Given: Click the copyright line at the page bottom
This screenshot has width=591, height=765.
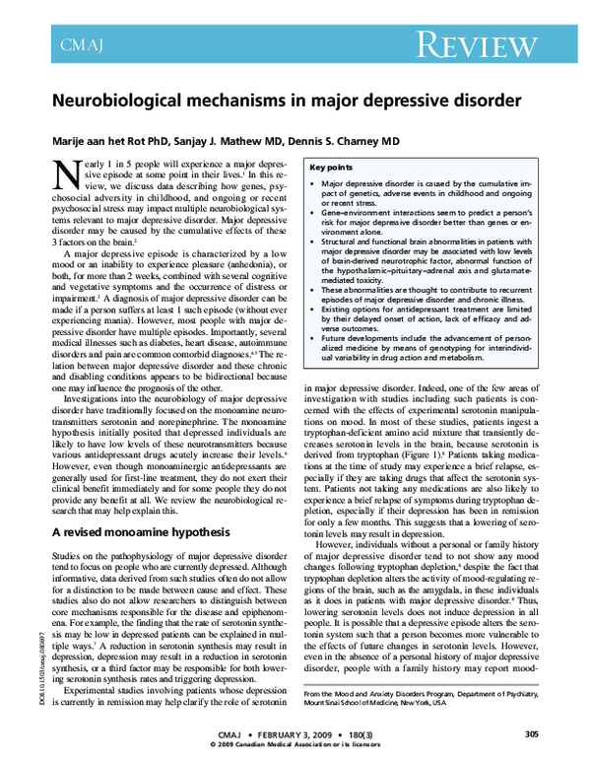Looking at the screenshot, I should (295, 746).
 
